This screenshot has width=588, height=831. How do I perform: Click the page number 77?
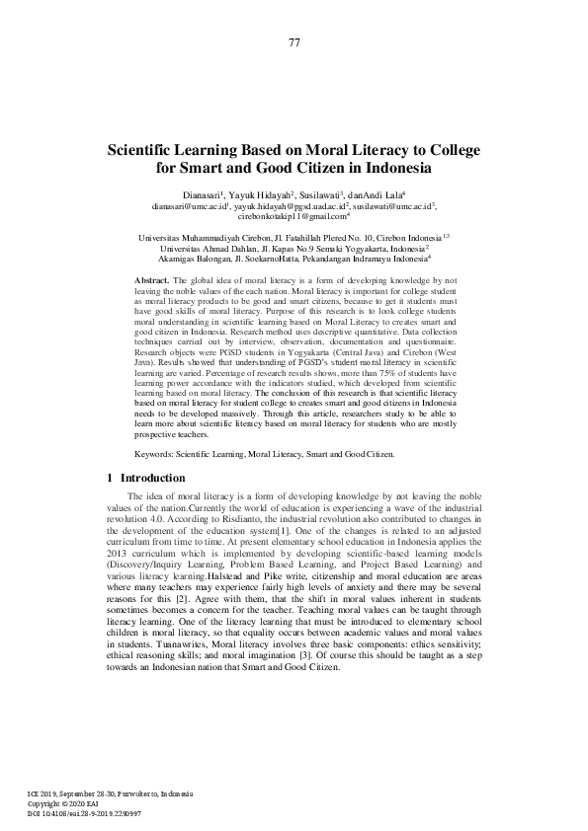click(294, 41)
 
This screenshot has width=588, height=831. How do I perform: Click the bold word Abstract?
click(151, 281)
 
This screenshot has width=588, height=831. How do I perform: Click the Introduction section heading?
click(151, 478)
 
